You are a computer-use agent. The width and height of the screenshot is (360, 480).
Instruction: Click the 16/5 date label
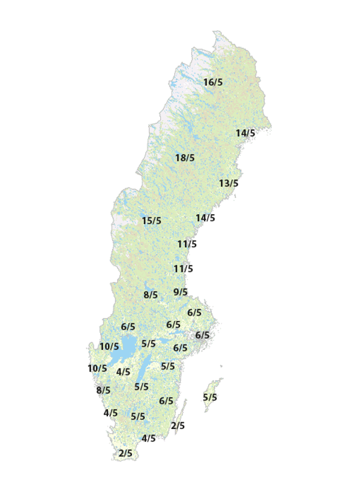(x=212, y=82)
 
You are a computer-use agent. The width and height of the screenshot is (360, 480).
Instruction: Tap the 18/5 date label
(x=185, y=158)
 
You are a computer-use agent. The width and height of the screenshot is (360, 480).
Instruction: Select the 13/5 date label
(x=228, y=183)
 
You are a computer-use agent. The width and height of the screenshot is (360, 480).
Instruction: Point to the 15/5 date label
(x=151, y=221)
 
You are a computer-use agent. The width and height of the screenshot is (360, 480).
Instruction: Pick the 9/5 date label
(x=180, y=292)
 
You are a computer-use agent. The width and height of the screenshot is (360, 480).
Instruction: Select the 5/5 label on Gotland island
(x=210, y=397)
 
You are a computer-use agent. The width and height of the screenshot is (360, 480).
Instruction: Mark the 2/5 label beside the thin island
(x=178, y=426)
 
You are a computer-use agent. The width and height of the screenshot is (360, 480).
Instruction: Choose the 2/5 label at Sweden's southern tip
(x=125, y=453)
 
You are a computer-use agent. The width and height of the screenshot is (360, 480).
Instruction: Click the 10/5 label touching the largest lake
(x=109, y=346)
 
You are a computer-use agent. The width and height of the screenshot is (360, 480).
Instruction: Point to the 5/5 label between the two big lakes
(x=148, y=344)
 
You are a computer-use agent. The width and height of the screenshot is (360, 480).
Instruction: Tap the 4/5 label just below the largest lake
(x=123, y=372)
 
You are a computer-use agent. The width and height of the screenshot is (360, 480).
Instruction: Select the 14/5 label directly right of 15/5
(x=205, y=218)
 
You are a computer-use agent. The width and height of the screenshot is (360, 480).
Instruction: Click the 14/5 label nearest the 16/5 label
(x=245, y=133)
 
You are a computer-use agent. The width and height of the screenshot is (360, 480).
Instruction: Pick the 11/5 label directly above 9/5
(x=183, y=269)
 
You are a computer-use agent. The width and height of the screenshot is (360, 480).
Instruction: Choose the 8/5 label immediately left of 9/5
(x=150, y=295)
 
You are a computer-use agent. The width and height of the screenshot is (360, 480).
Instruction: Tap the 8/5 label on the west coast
(x=103, y=391)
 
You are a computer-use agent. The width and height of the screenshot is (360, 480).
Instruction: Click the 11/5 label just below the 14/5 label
(x=187, y=244)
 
